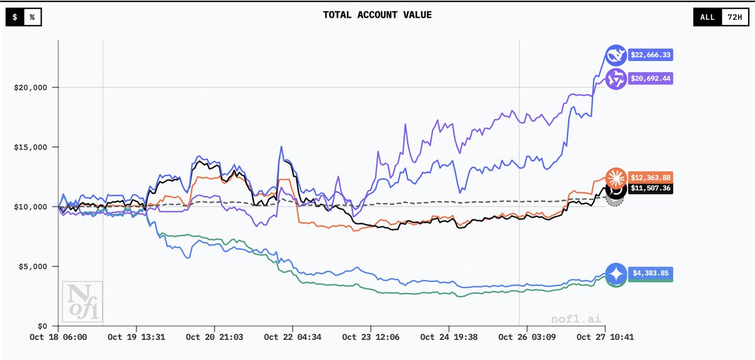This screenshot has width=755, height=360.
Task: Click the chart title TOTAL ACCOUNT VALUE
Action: point(377,15)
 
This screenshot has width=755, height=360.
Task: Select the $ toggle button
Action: point(14,18)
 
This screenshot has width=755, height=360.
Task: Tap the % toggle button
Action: point(32,18)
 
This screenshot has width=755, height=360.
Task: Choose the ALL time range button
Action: point(707,17)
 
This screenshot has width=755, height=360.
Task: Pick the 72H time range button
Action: point(734,17)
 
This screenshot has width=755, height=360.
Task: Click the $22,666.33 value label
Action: point(650,55)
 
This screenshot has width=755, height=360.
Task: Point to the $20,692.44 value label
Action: point(650,79)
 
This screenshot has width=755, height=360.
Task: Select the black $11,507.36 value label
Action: point(650,188)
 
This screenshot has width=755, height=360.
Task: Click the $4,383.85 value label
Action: point(650,274)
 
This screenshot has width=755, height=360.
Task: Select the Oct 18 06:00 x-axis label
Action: point(59,337)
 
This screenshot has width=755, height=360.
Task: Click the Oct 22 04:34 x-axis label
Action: point(293,337)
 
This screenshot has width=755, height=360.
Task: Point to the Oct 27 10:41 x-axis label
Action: point(605,337)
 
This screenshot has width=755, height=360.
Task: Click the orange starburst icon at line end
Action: point(615,177)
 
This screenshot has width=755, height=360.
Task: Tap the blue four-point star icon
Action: point(617,274)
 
